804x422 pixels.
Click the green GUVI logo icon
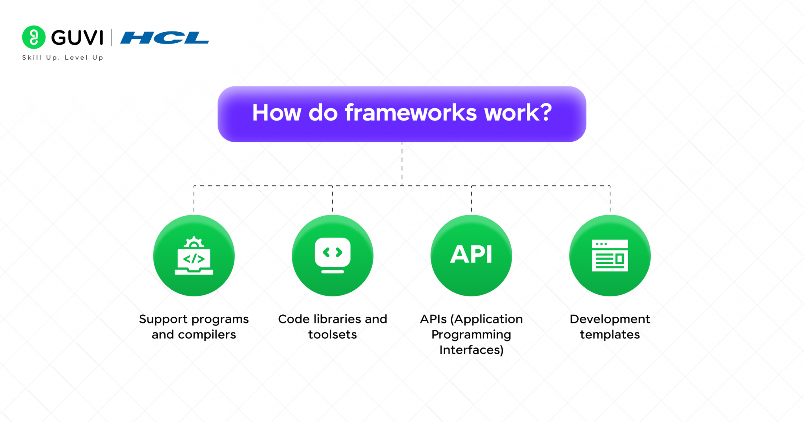tap(34, 37)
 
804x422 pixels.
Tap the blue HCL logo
tap(164, 38)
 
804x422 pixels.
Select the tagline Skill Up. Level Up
tap(62, 58)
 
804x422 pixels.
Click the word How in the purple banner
tap(276, 113)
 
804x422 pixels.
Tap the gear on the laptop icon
tap(194, 243)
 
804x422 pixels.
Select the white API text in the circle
tap(471, 254)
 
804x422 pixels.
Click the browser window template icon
tap(610, 256)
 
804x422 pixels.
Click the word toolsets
tap(333, 334)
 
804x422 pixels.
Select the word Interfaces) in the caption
tap(471, 350)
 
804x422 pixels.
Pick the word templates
tap(610, 334)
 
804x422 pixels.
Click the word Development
tap(610, 319)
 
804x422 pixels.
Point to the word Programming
tap(471, 334)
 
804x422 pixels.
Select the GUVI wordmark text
tap(77, 38)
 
